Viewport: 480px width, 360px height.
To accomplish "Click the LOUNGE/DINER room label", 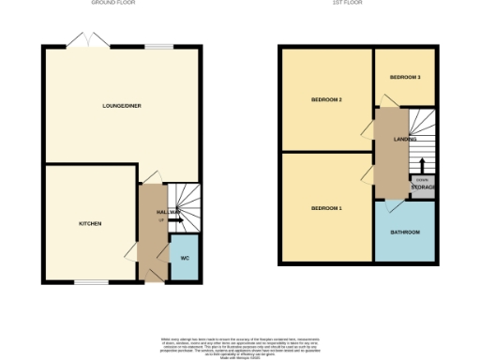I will click(122, 106).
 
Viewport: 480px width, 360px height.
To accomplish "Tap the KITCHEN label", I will click(90, 223).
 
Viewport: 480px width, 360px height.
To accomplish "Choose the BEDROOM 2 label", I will click(326, 99).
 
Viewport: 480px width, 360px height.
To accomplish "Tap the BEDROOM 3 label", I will click(405, 76).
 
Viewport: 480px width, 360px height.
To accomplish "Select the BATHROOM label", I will click(405, 232).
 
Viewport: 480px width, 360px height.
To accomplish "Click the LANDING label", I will click(405, 139).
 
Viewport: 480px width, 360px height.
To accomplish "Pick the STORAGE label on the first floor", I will click(423, 187).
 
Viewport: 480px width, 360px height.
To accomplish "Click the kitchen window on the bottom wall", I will click(90, 280).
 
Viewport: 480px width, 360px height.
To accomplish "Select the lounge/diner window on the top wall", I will click(158, 45).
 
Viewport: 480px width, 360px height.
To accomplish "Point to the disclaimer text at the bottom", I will click(239, 344).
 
